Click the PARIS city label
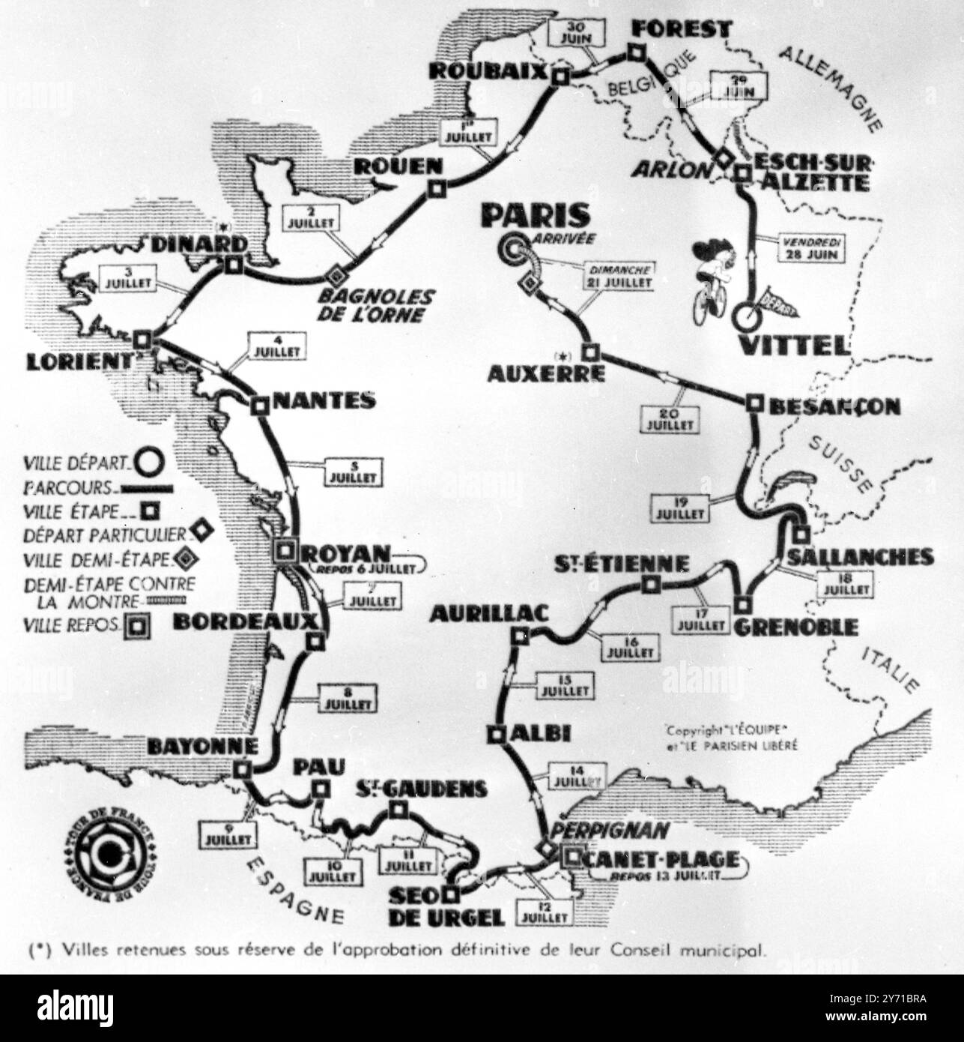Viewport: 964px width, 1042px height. [535, 215]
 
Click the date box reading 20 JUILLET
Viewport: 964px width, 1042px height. [664, 418]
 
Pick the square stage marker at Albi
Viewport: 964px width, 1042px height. [495, 735]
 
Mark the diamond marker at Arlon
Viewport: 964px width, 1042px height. [723, 158]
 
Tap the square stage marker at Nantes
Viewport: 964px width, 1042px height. [259, 406]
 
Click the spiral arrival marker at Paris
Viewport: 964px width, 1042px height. [516, 247]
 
